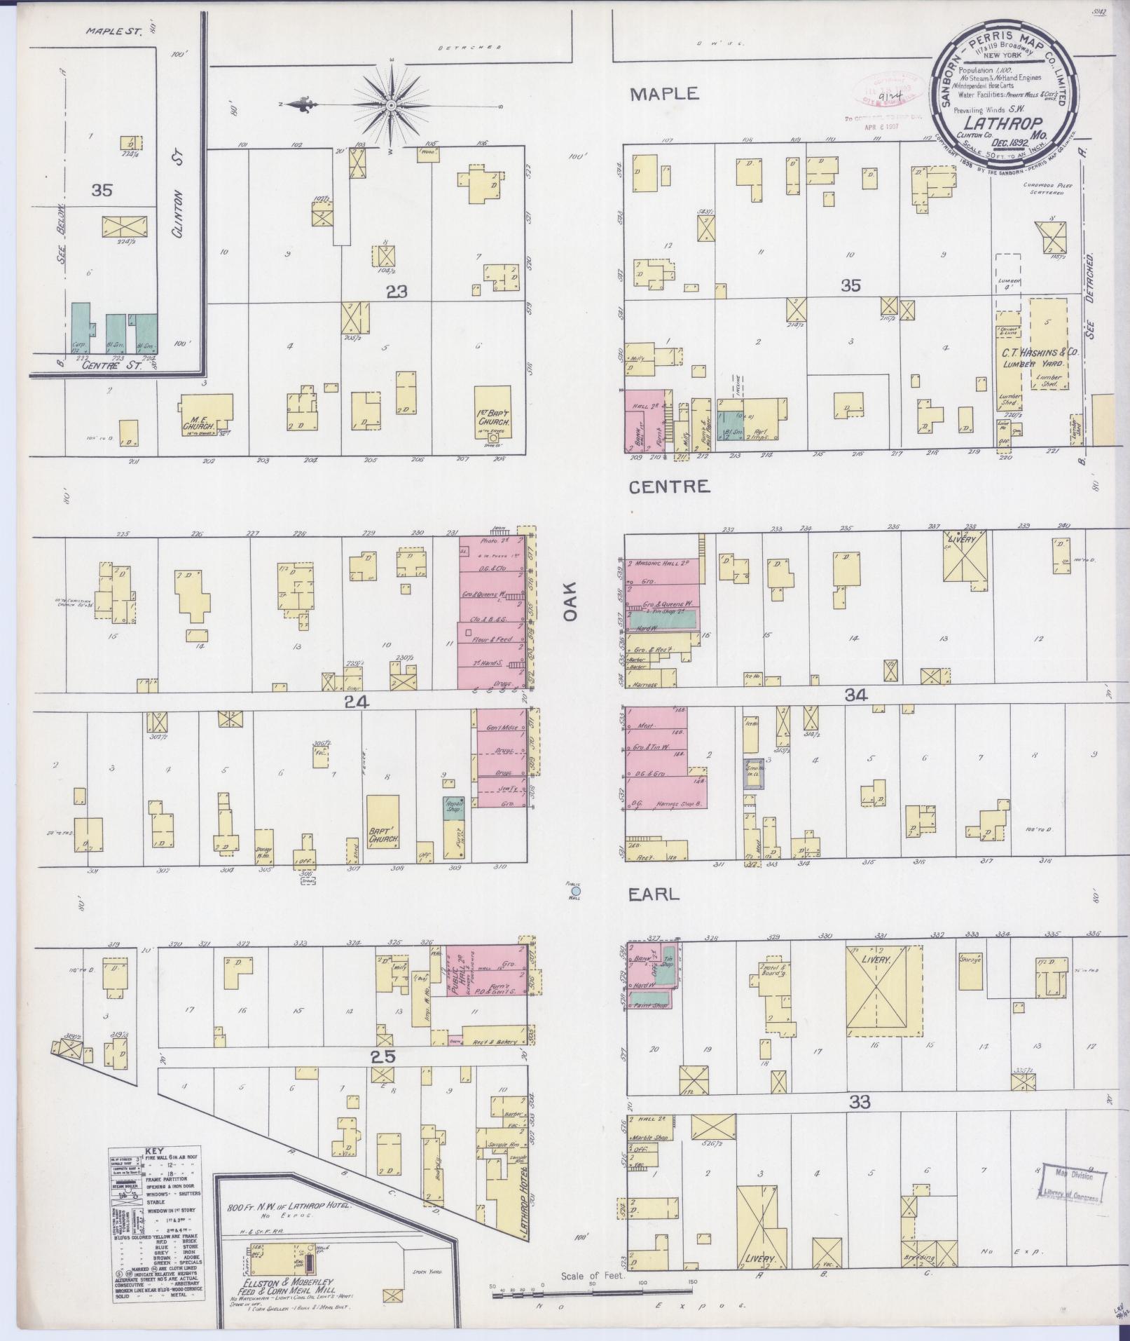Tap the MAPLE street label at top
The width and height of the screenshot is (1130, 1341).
(663, 93)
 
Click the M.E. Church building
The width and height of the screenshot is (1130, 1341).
(207, 412)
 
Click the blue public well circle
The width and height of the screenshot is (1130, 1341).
(576, 892)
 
